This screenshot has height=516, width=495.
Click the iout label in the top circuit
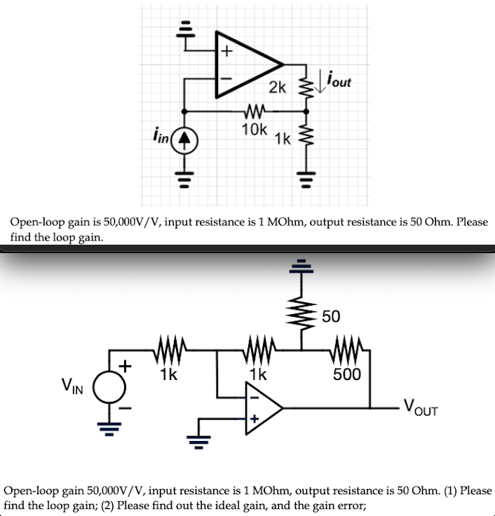pos(339,83)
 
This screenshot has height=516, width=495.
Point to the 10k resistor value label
pos(253,129)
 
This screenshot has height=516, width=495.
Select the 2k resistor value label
pos(278,88)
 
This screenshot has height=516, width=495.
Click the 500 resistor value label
pos(347,374)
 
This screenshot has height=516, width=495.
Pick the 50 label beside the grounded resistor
pos(332,317)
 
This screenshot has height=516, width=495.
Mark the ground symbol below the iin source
pos(184,172)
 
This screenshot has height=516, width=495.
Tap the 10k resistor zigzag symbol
pos(253,111)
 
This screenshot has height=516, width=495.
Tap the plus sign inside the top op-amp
pos(226,50)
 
